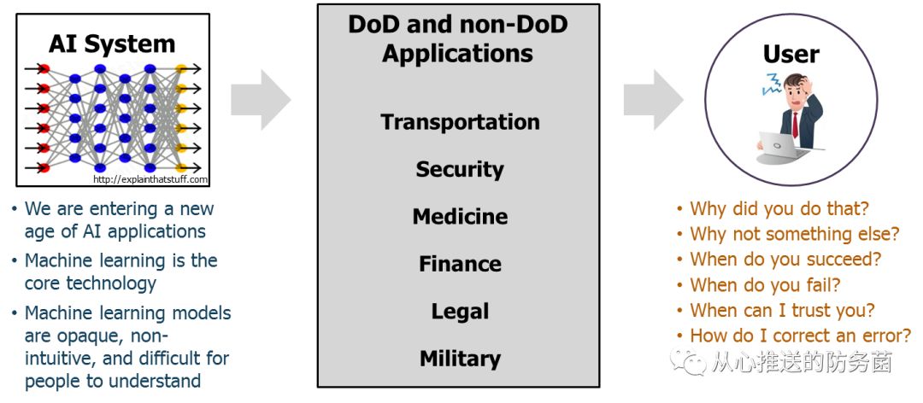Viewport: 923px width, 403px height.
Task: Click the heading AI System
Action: click(112, 44)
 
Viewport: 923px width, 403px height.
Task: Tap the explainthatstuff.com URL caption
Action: click(150, 179)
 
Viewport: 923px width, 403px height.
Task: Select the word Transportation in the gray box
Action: click(460, 122)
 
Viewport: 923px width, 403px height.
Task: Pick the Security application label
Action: click(460, 169)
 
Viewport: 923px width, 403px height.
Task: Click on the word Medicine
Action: click(460, 217)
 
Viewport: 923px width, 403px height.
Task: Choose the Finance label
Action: click(460, 264)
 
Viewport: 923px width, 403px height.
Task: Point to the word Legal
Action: click(460, 312)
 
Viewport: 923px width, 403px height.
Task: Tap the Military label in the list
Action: click(460, 359)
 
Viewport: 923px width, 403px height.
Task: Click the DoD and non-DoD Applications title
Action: click(458, 38)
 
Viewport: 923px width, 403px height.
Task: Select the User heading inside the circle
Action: click(791, 54)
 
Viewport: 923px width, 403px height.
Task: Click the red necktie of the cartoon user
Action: click(795, 125)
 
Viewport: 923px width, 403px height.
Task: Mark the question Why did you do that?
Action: click(779, 208)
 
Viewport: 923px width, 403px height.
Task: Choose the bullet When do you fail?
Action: click(765, 285)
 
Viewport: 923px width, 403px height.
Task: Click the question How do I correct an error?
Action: click(800, 336)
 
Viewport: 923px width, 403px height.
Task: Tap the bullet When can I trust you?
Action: click(782, 311)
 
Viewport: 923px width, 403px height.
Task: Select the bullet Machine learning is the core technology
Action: click(120, 272)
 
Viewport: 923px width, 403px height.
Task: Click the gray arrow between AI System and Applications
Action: click(261, 101)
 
